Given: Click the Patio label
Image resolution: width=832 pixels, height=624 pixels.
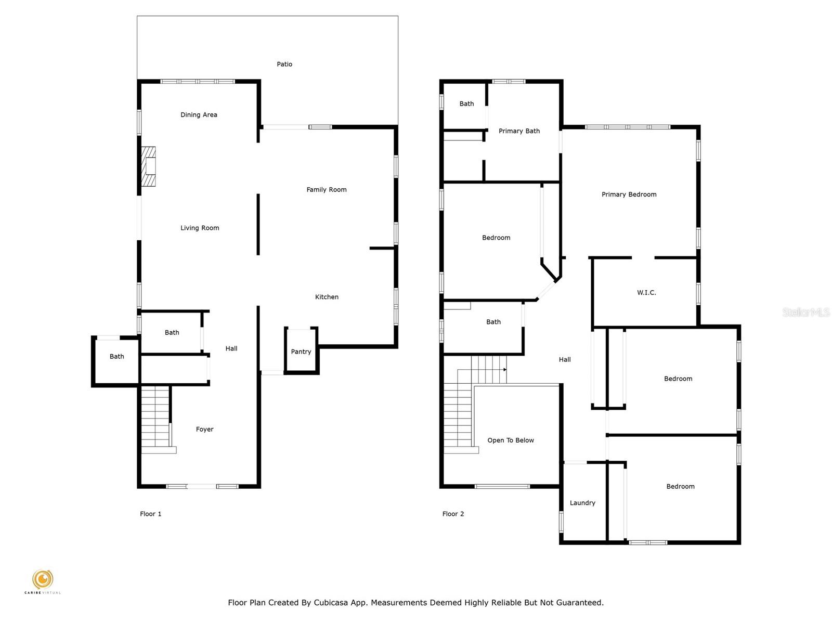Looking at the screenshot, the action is [284, 64].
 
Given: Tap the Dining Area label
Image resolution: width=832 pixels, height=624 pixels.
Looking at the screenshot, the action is [199, 115].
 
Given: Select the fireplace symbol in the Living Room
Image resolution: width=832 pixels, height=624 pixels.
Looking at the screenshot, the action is [149, 166].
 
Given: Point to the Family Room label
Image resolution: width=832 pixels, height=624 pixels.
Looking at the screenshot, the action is [327, 189].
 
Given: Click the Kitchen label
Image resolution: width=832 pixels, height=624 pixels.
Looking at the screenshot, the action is [327, 297].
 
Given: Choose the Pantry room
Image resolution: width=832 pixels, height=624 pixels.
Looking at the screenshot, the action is [301, 351].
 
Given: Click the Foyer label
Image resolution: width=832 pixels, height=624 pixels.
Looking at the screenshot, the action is [205, 430].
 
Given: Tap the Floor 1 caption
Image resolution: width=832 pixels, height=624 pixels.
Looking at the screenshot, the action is [150, 514].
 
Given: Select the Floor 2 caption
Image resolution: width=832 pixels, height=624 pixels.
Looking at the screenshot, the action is [453, 514].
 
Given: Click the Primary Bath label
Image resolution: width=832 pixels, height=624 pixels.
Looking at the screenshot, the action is [519, 131].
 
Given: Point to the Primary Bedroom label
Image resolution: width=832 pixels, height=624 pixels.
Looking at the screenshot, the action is [629, 194].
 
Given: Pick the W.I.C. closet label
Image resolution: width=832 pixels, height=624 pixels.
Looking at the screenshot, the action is [646, 292].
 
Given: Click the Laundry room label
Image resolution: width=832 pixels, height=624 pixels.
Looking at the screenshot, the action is [582, 503].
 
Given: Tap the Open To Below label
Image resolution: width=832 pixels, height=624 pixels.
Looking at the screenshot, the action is [511, 440].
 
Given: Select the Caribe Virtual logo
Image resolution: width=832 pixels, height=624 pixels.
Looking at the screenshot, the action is [43, 581].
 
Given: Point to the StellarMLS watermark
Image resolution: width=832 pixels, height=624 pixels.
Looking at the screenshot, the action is [806, 312].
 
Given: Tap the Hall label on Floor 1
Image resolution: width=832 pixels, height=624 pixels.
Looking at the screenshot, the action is [231, 348].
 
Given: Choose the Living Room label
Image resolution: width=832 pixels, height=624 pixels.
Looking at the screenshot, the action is [200, 228].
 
